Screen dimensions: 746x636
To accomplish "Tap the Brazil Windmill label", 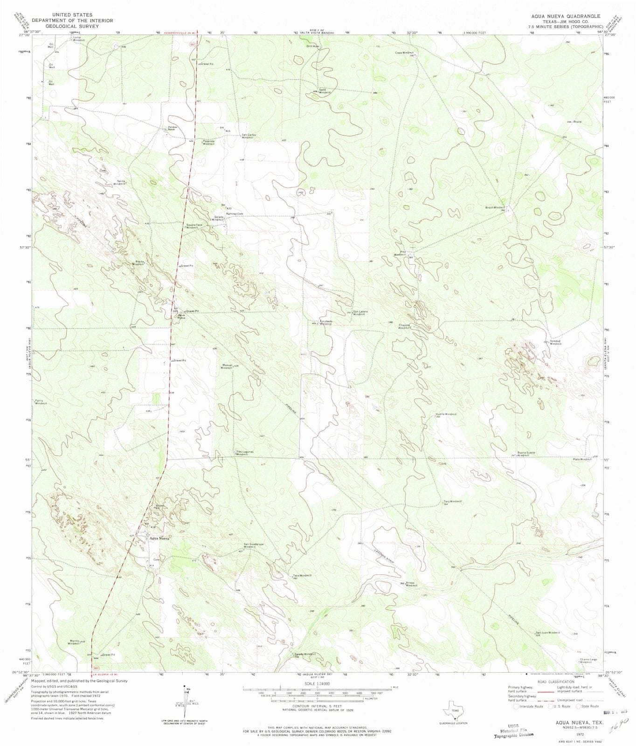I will tap(495, 207).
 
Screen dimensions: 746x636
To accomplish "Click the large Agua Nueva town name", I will tap(159, 538).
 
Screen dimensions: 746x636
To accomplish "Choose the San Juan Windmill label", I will tap(547, 633).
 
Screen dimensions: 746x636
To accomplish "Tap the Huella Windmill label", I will tap(446, 415).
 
